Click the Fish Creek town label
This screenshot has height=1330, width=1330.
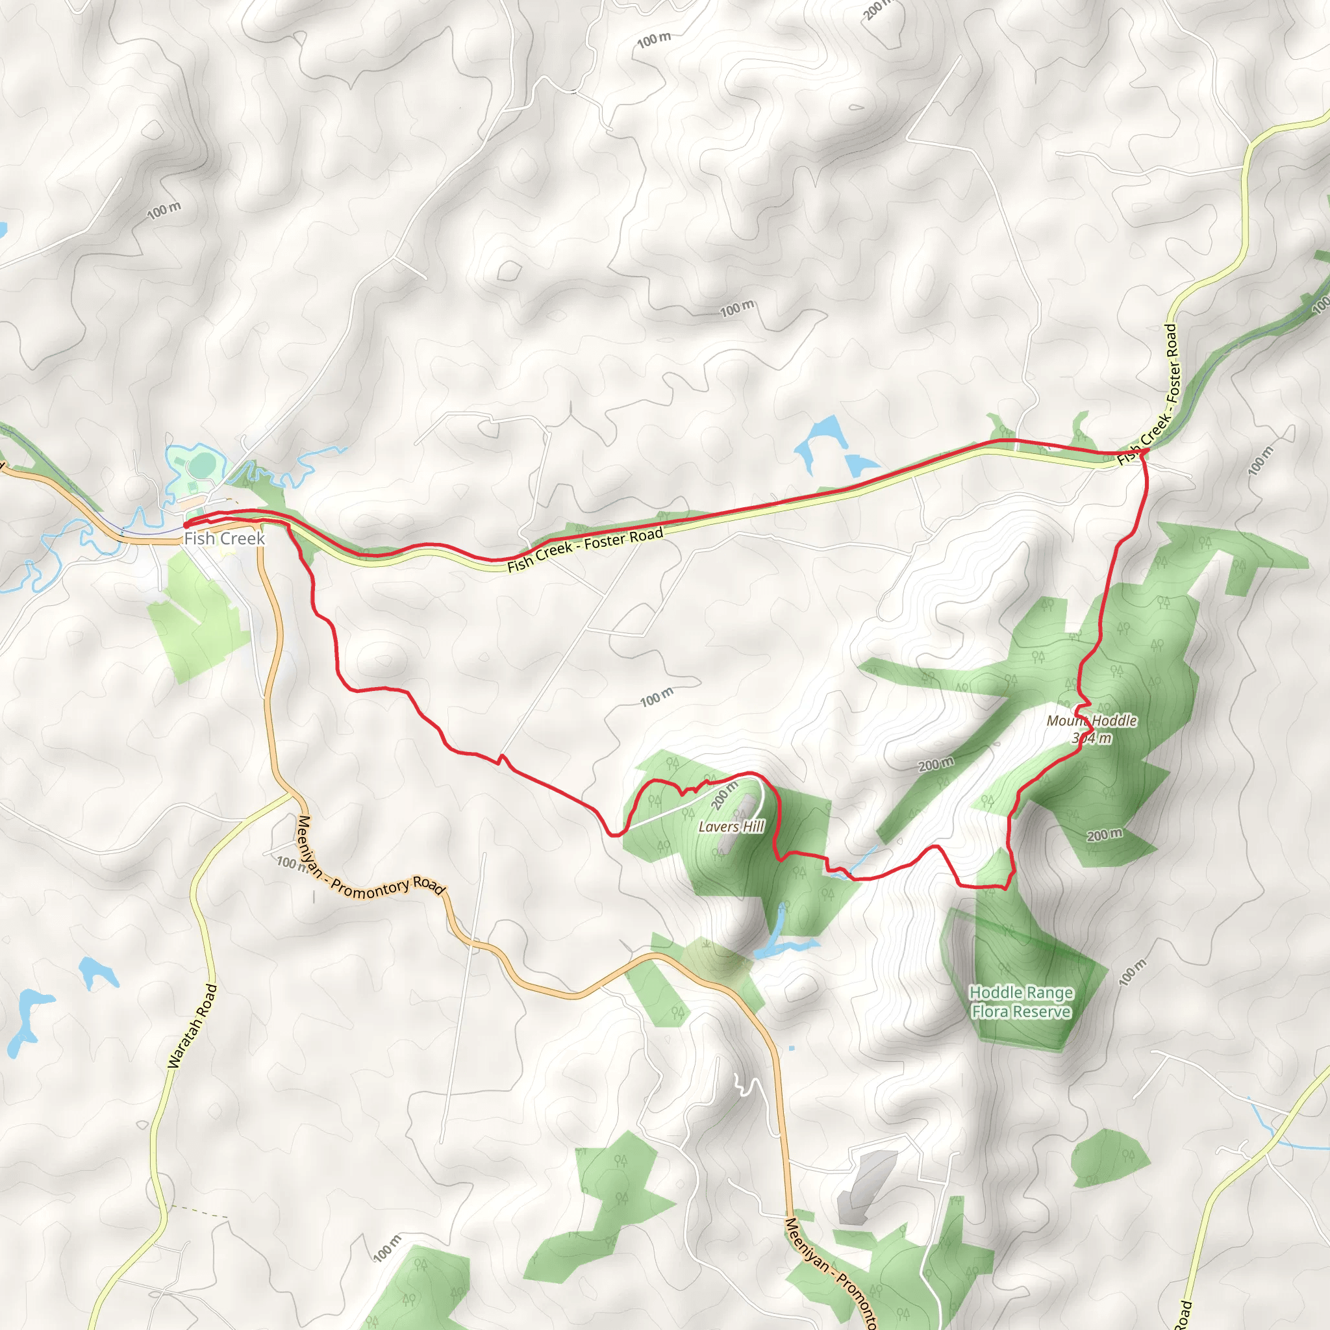coord(225,538)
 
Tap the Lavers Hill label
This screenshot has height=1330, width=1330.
coord(731,827)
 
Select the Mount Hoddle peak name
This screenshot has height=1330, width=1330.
coord(1092,721)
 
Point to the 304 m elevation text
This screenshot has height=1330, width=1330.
coord(1092,738)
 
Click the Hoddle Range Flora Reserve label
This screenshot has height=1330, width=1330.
coord(1021,1001)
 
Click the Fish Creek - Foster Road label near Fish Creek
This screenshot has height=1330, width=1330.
coord(585,549)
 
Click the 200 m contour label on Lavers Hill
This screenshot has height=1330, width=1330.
coord(724,796)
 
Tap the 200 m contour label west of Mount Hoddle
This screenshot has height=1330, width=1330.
coord(936,764)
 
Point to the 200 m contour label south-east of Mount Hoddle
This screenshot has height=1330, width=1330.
coord(1104,835)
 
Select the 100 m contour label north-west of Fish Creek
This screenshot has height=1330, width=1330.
coord(164,210)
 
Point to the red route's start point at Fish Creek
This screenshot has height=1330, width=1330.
coord(186,525)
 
